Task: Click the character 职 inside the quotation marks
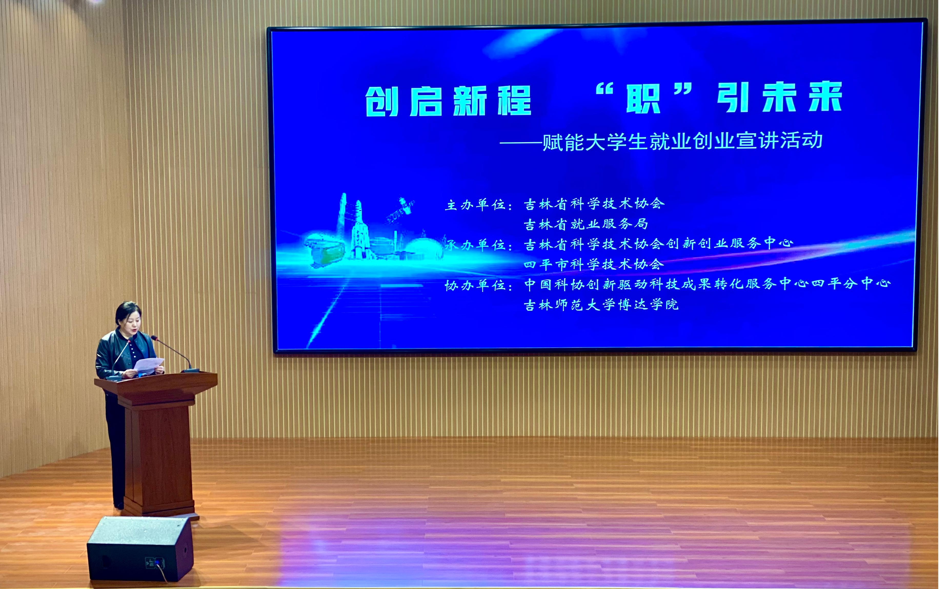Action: pyautogui.click(x=643, y=99)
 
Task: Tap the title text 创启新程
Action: pyautogui.click(x=448, y=101)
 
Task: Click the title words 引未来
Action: pyautogui.click(x=780, y=97)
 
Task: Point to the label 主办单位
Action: pyautogui.click(x=479, y=204)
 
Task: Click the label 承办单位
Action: pyautogui.click(x=479, y=245)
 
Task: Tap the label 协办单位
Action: pyautogui.click(x=479, y=286)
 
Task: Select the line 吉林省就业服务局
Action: pyautogui.click(x=586, y=224)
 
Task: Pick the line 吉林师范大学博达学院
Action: pyautogui.click(x=601, y=305)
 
